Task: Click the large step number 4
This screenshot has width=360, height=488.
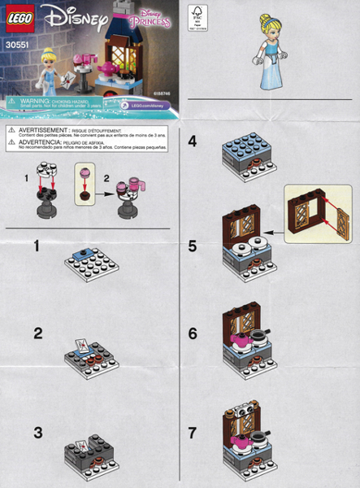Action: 192,141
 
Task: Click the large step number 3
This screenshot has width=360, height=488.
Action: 37,432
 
